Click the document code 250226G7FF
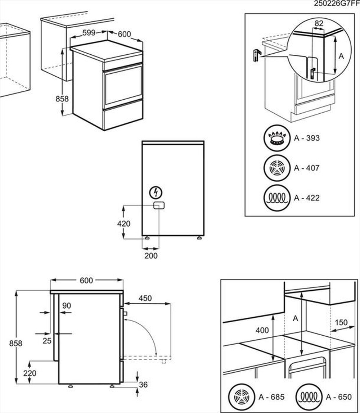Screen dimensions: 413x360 coord(337,4)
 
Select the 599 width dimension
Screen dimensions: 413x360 coord(89,33)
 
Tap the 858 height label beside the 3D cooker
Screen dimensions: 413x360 coord(62,99)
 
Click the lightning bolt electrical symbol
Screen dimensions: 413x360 coord(156,192)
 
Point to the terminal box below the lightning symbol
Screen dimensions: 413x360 coord(158,205)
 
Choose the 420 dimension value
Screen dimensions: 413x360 coord(123,223)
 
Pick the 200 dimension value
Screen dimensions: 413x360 coord(151,256)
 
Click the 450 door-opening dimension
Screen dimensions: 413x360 coord(145,298)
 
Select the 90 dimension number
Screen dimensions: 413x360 coord(66,306)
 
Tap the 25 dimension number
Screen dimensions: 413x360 coord(47,341)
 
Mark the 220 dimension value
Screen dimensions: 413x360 coord(30,373)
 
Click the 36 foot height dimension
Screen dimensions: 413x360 coord(143,385)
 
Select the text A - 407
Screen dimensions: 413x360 coord(306,168)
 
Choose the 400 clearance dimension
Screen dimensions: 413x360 coord(262,330)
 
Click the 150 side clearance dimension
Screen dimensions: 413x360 coord(341,322)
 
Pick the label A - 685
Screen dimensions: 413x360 coord(271,397)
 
